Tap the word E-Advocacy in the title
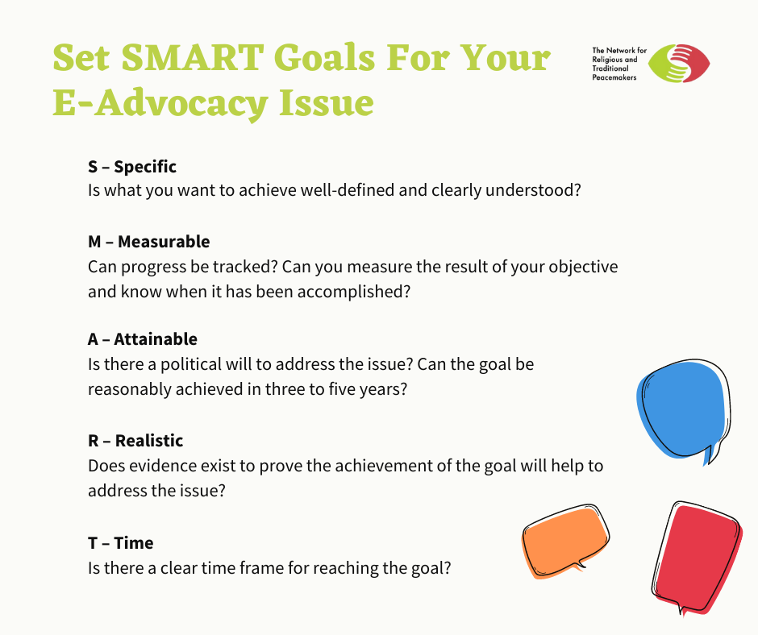click(x=160, y=104)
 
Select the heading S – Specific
click(x=132, y=167)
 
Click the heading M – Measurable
click(x=149, y=242)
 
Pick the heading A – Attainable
click(x=143, y=339)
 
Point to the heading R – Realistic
click(x=135, y=441)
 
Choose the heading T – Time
click(x=120, y=543)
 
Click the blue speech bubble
click(x=683, y=410)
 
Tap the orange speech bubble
click(x=565, y=542)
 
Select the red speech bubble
click(x=697, y=558)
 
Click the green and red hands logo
click(x=679, y=64)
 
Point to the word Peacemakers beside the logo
click(x=614, y=77)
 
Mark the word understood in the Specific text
click(x=533, y=190)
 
